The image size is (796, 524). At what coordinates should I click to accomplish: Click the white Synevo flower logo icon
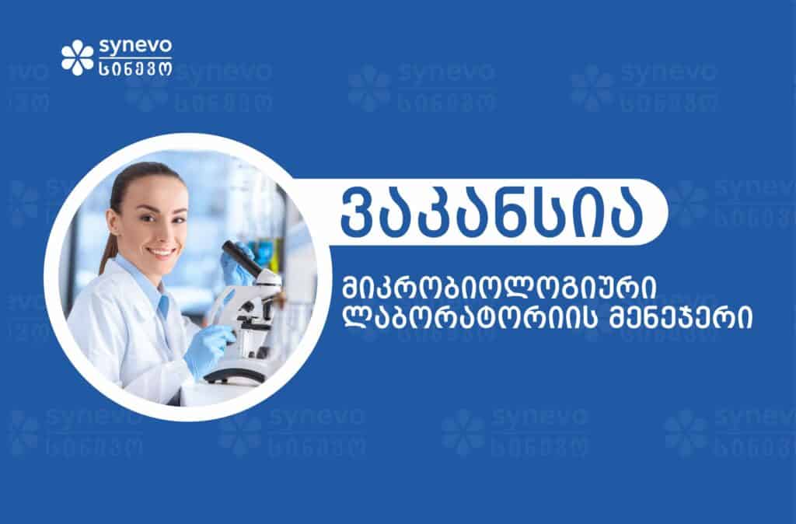[78, 58]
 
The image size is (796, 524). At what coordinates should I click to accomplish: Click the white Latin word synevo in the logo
[135, 47]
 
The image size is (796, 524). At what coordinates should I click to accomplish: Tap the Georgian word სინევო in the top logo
[135, 68]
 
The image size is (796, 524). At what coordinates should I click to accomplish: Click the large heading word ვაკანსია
[491, 212]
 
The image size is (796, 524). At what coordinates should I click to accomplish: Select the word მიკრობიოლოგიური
[499, 288]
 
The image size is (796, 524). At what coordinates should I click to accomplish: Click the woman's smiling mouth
[162, 251]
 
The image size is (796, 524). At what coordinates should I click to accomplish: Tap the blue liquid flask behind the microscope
[265, 252]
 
